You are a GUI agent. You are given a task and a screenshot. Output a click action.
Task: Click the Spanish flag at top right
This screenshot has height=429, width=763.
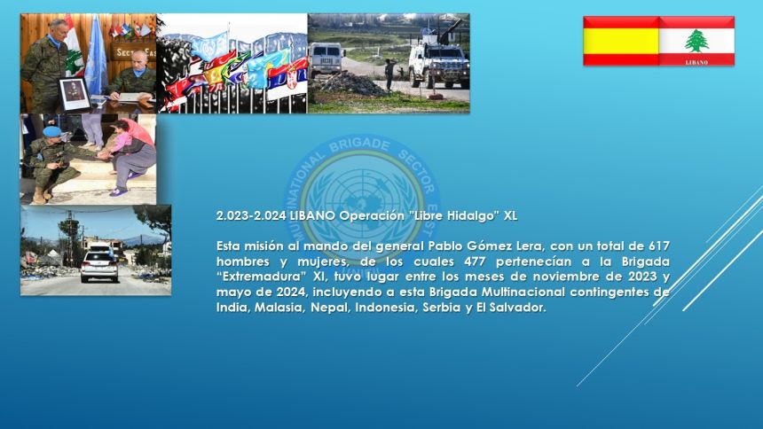(x=621, y=41)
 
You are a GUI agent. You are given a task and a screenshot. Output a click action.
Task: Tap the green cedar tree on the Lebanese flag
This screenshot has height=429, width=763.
(x=696, y=41)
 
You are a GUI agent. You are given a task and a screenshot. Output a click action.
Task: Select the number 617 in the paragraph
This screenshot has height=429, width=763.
(x=656, y=246)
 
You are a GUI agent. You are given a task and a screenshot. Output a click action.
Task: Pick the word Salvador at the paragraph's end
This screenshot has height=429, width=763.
(x=515, y=308)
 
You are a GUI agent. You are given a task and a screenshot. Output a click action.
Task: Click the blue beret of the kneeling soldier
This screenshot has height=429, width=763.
(x=52, y=132)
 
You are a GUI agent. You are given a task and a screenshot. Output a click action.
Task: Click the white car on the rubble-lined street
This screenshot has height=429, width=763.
(x=99, y=264)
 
